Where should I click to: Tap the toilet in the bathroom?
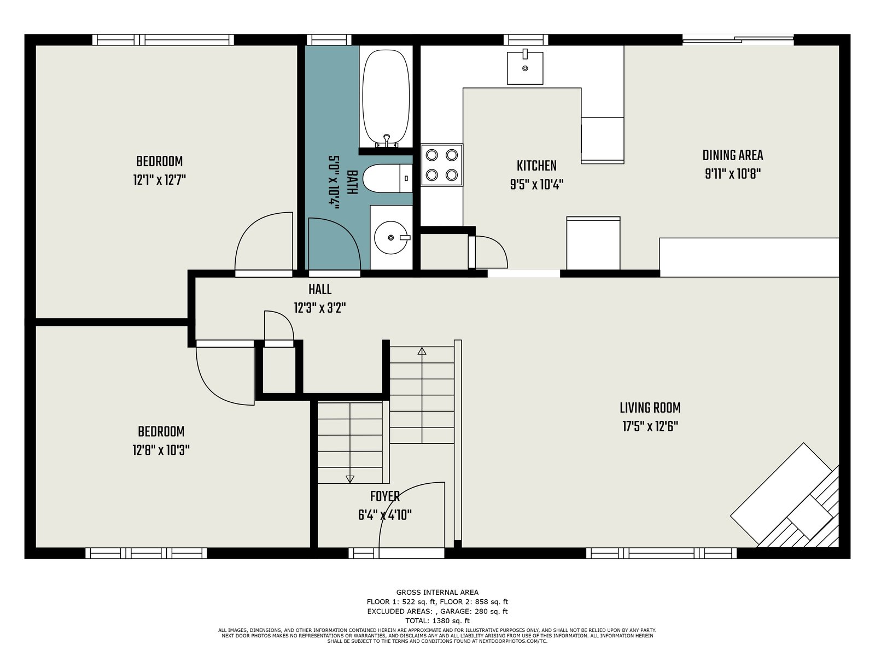387,178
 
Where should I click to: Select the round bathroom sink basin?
391,237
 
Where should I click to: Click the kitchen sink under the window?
524,68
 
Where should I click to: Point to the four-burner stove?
442,165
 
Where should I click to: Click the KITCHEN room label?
536,166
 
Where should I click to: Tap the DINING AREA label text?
733,155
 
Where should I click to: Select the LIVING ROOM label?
650,408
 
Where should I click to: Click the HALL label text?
320,289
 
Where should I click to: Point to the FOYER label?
384,497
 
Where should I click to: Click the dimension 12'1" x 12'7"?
160,180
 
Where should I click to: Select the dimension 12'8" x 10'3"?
161,450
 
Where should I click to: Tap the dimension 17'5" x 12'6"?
650,426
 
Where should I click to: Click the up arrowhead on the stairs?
422,351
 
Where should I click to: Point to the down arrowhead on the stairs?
350,479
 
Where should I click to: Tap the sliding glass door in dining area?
738,39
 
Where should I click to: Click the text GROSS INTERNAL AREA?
437,592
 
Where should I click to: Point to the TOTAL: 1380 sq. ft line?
437,620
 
